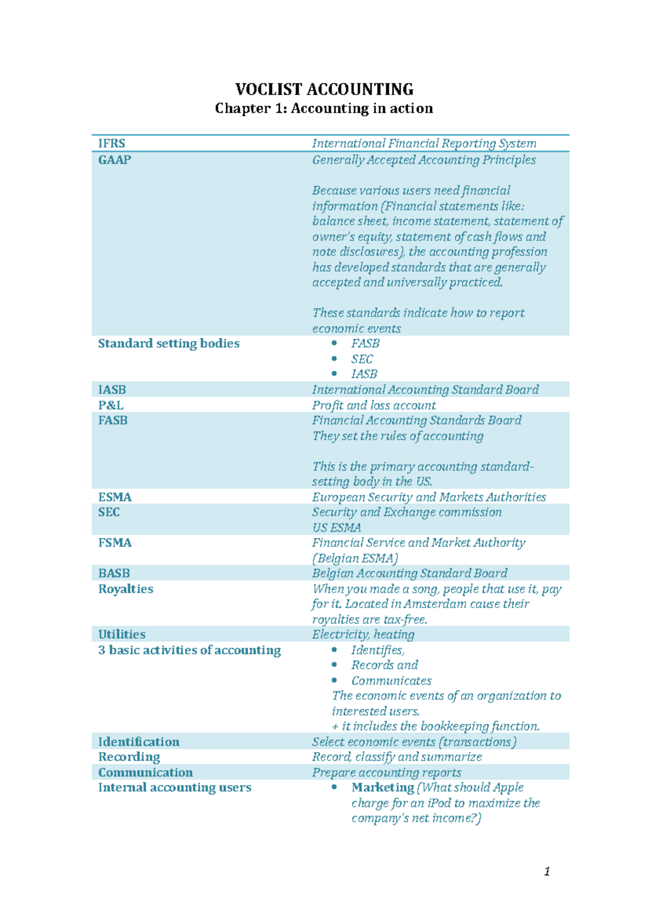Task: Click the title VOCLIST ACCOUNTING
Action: pyautogui.click(x=324, y=89)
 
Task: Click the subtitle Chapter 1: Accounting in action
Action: pyautogui.click(x=324, y=109)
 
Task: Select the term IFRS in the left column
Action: pyautogui.click(x=112, y=144)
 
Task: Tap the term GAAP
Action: pyautogui.click(x=114, y=160)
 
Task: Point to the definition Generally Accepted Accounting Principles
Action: pyautogui.click(x=424, y=160)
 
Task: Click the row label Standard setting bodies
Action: pyautogui.click(x=168, y=343)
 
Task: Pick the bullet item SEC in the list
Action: pyautogui.click(x=362, y=359)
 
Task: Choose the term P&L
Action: pyautogui.click(x=111, y=406)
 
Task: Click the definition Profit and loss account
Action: pyautogui.click(x=374, y=406)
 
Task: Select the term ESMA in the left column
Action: pyautogui.click(x=114, y=497)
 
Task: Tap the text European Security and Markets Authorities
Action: pyautogui.click(x=429, y=497)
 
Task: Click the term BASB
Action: pyautogui.click(x=114, y=574)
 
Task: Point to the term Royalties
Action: pyautogui.click(x=125, y=589)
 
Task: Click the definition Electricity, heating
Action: pyautogui.click(x=363, y=635)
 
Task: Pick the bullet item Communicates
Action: pyautogui.click(x=391, y=681)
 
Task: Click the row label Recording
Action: pyautogui.click(x=129, y=757)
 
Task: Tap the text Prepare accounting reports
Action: pyautogui.click(x=387, y=773)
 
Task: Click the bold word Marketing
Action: pyautogui.click(x=382, y=788)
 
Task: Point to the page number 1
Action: pyautogui.click(x=547, y=872)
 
